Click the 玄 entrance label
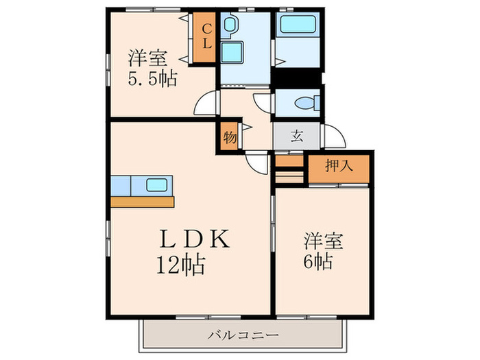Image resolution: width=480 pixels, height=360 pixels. click(296, 136)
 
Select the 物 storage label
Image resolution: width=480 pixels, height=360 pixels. click(230, 136)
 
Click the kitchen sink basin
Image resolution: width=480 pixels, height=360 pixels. click(157, 184)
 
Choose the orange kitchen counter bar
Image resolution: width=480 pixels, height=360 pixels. click(143, 201)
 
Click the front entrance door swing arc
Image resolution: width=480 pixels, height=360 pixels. click(334, 138)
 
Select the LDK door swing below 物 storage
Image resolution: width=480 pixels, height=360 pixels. click(256, 162)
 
